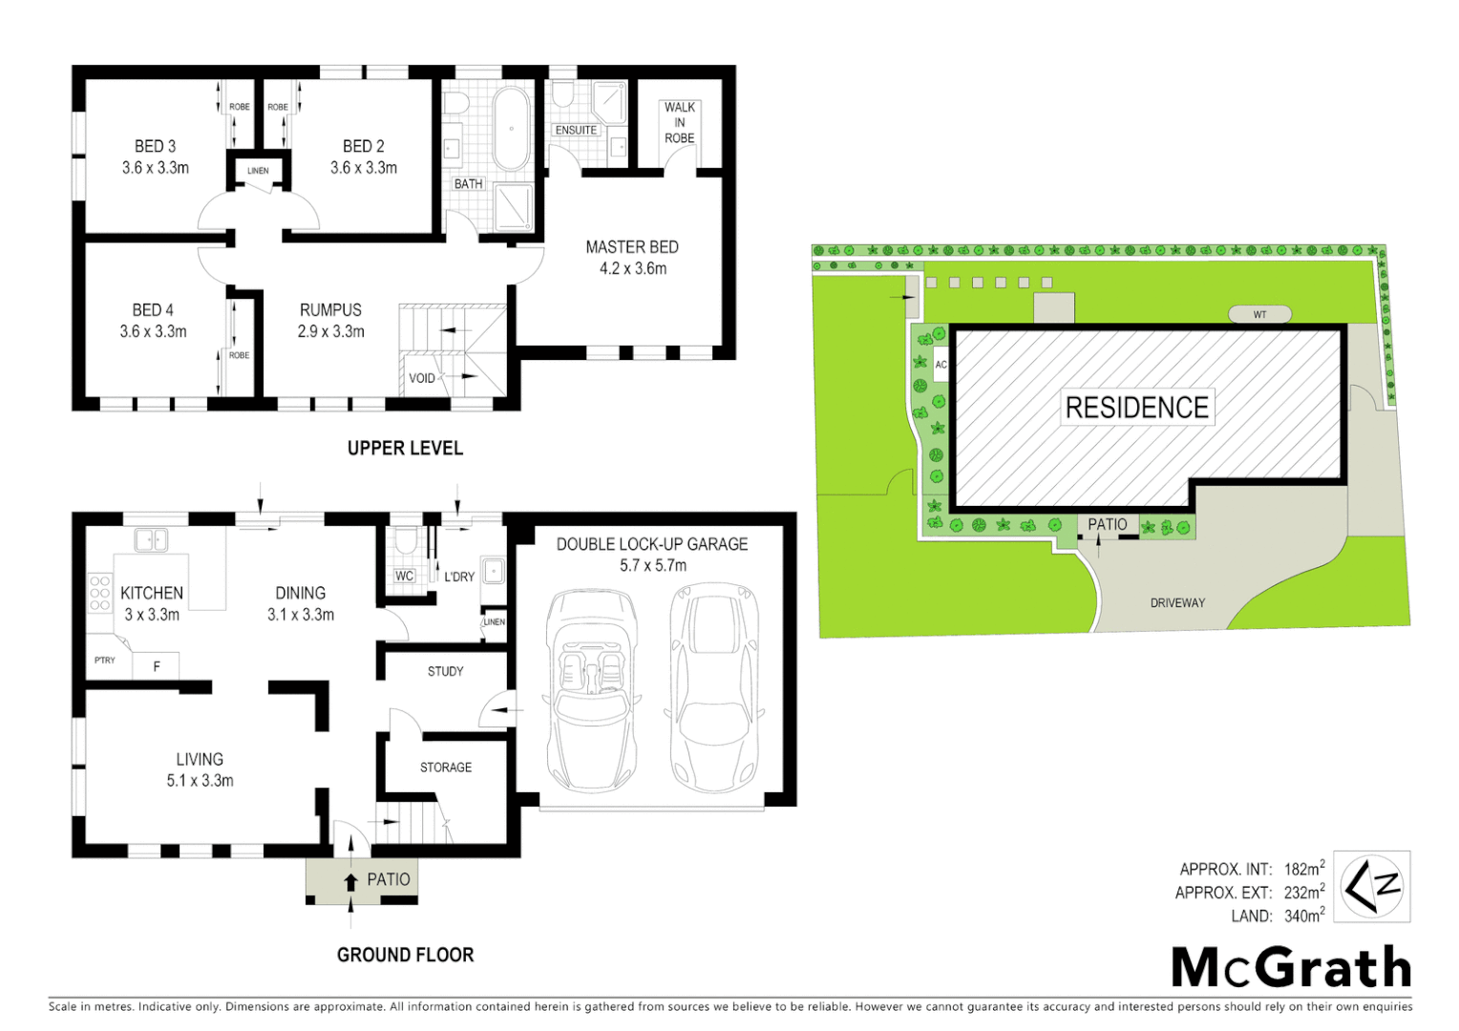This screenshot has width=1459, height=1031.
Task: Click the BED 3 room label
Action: coord(155,146)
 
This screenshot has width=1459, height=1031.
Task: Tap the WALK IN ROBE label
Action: coord(679,122)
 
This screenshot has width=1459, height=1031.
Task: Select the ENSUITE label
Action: coord(576,130)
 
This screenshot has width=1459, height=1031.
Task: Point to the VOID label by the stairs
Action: coord(421,378)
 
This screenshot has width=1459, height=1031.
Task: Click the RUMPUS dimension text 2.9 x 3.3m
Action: coord(330,331)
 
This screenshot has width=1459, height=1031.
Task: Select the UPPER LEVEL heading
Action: coord(405,448)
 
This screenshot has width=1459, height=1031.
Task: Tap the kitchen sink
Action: coord(151,540)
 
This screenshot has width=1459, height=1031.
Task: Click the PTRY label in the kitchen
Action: coord(105,660)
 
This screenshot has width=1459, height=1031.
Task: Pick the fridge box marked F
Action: coord(156,666)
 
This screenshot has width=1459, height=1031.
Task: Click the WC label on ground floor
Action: coord(404,576)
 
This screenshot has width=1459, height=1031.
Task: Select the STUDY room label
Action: coord(445,671)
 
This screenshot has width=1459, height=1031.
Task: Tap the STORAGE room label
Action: coord(445,767)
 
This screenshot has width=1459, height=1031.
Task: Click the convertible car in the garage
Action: coord(592,689)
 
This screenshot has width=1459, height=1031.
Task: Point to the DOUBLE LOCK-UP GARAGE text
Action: coord(652,544)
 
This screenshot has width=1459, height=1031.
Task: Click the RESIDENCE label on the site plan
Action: coord(1136,408)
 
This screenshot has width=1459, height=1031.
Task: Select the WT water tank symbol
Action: coord(1259,314)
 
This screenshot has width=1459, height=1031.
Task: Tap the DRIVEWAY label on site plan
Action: coord(1177,602)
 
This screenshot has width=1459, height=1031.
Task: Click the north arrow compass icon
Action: coord(1371,887)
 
